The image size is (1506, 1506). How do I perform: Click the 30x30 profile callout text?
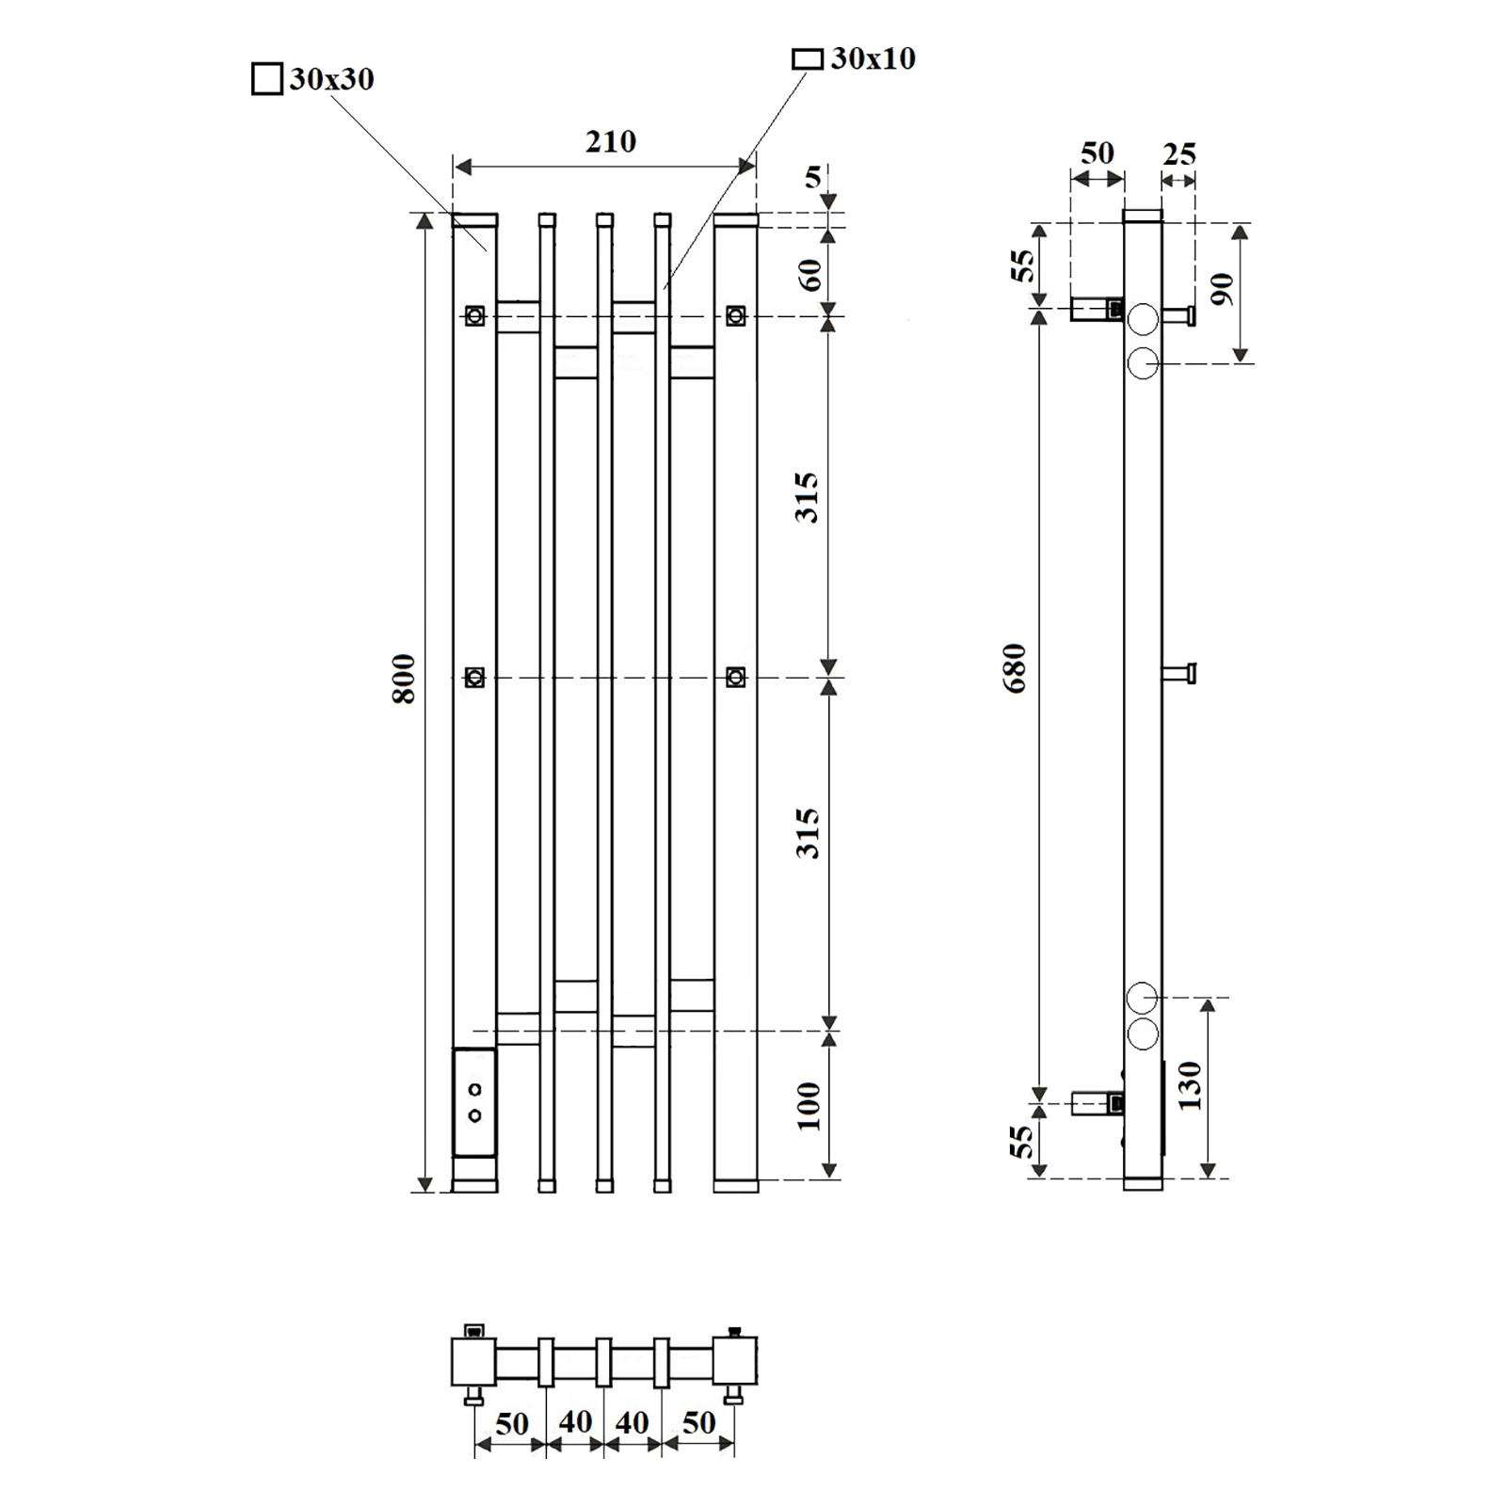[x=331, y=79]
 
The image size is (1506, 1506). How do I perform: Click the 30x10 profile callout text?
[x=873, y=58]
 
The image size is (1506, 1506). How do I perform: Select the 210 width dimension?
[x=611, y=142]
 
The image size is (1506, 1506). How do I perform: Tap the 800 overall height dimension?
[x=404, y=679]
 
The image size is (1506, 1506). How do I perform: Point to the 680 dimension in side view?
[x=1015, y=668]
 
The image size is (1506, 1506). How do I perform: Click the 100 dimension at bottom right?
[x=809, y=1106]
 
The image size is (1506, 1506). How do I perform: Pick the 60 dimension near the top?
[x=810, y=274]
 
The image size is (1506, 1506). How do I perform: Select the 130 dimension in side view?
[x=1190, y=1085]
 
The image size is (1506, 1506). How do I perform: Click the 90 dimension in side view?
[x=1221, y=289]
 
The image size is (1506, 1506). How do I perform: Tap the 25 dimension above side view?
[x=1179, y=153]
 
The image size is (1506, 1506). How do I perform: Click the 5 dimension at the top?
[x=813, y=177]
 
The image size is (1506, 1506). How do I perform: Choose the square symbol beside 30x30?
[x=267, y=79]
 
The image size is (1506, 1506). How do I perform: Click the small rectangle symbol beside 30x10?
[x=808, y=59]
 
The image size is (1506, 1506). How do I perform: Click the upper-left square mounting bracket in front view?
[x=475, y=315]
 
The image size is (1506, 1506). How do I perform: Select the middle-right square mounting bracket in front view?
[x=736, y=677]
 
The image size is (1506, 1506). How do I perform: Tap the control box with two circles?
[x=474, y=1102]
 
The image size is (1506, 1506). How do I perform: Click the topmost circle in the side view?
[x=1143, y=319]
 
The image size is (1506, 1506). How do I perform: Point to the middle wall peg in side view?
[x=1179, y=673]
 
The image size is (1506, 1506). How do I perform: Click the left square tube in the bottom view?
[x=473, y=1361]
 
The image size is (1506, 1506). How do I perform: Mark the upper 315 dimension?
[x=808, y=498]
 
